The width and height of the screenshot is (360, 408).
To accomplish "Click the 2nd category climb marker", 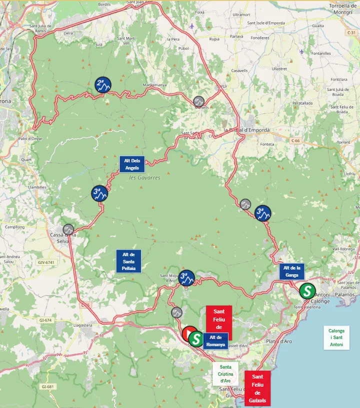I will (103, 85).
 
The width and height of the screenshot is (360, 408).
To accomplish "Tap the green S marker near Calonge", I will (307, 290).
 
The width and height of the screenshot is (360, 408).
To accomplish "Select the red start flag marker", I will (189, 334).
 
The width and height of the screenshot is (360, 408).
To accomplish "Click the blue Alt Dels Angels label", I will (132, 164).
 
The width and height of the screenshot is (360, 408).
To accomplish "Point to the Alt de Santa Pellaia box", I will (128, 261).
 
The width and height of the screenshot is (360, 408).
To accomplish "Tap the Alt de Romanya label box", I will (215, 341).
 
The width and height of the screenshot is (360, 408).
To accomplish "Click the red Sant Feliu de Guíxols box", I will (257, 389).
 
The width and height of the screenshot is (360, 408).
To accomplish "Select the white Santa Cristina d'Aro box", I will (225, 374).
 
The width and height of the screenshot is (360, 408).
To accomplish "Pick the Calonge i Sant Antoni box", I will (336, 338).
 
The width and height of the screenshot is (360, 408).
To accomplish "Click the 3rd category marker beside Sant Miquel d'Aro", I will (186, 278).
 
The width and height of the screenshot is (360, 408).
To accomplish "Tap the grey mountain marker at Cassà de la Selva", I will (68, 229).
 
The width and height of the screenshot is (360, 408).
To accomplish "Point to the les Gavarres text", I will (144, 178).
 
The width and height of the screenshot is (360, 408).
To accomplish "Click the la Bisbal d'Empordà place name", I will (246, 130).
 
